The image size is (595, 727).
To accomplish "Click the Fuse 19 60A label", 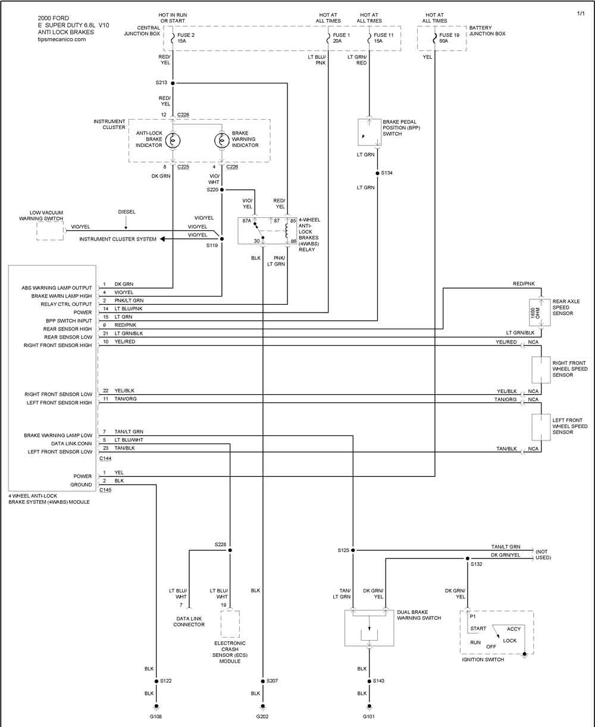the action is click(449, 38).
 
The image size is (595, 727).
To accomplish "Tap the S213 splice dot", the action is click(173, 83).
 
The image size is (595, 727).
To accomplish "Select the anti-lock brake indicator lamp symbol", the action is click(173, 141).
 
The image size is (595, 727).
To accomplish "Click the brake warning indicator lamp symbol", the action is click(221, 141).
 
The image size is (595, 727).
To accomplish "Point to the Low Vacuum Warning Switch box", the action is click(50, 230).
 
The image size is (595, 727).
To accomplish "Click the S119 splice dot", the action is click(222, 239).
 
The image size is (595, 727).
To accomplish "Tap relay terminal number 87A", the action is click(247, 221).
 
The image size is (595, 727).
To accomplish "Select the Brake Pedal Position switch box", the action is click(369, 132).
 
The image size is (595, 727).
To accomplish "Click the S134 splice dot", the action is click(378, 173).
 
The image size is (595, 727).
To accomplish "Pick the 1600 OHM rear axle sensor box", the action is click(540, 313).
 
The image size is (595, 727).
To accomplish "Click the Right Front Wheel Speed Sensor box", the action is click(541, 370).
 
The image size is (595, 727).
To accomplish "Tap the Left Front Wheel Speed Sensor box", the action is click(541, 427).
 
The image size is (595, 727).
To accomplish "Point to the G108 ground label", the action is click(156, 716).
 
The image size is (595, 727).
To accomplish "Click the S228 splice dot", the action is click(230, 550).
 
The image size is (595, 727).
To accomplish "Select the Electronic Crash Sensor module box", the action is click(230, 624).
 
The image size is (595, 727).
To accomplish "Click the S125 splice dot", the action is click(353, 550).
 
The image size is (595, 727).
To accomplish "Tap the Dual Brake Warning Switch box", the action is click(369, 628).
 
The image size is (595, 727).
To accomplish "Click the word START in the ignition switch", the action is click(478, 628).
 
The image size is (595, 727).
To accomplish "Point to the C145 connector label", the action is click(105, 490).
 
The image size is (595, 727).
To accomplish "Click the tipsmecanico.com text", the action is click(62, 39).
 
